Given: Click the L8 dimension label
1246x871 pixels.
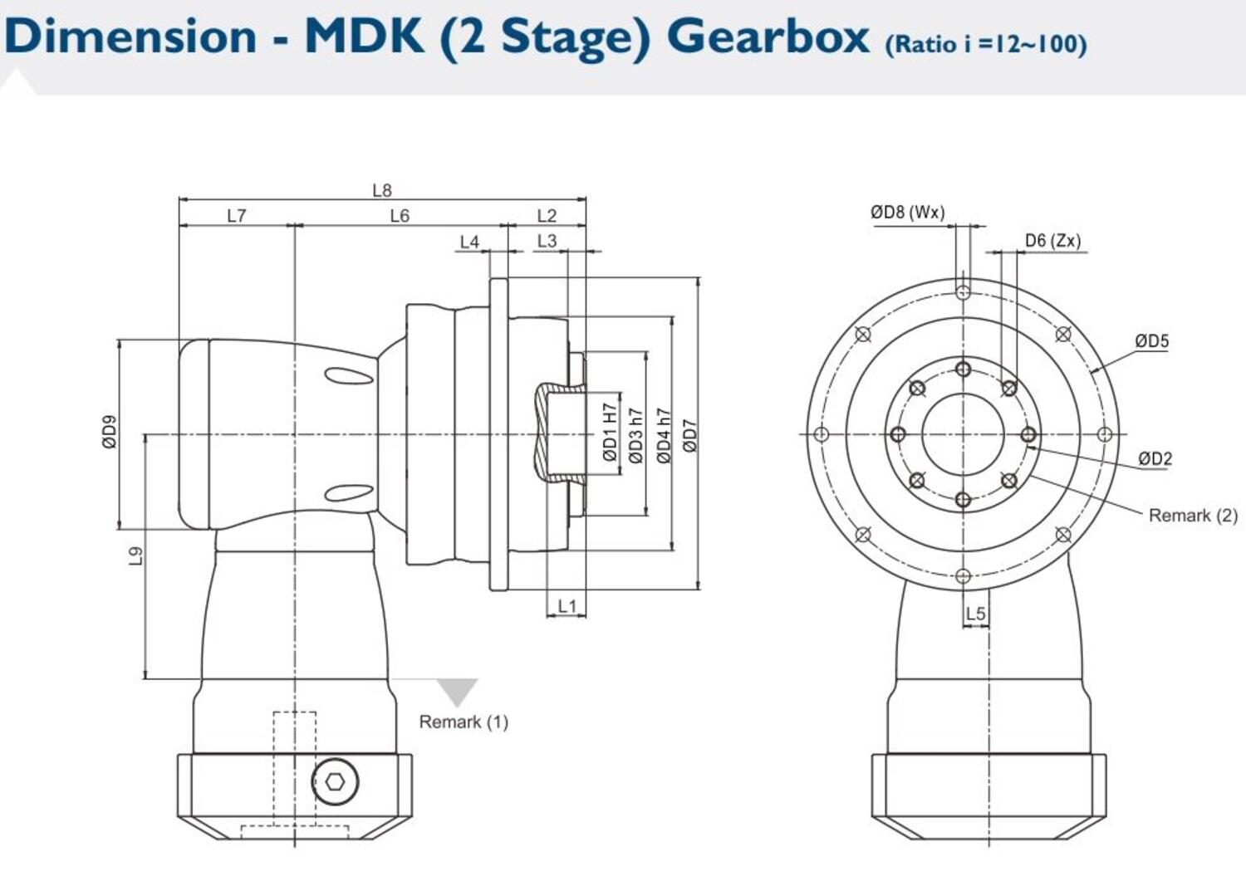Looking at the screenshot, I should coord(381,190).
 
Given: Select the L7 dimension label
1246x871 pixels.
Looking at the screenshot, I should coord(237,215).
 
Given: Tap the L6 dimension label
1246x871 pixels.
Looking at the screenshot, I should coord(400,215).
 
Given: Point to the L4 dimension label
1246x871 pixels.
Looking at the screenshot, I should coord(469,241).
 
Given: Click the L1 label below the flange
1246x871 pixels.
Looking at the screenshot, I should coord(567,605).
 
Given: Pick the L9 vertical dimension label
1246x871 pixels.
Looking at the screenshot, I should coord(136,555).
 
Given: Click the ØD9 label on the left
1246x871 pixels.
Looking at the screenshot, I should coord(110,432).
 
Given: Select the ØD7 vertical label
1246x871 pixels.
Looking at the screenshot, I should coord(690,435).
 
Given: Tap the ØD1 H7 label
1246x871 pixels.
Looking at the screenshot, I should coord(611,433).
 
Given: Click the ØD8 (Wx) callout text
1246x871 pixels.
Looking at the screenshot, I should coord(907,212).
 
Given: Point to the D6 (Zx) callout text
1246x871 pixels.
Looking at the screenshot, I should coord(1052,240).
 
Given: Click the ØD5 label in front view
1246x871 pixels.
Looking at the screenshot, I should coord(1151,340).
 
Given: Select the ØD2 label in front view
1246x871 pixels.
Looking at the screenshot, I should coord(1155,458).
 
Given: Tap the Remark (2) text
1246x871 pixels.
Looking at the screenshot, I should coord(1192,515).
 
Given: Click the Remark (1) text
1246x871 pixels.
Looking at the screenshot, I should coord(463,722).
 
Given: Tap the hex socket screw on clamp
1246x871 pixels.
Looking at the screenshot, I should coord(335,781).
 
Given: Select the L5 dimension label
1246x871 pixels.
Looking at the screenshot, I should coord(975,613).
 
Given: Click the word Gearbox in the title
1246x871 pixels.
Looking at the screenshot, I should coord(768,36).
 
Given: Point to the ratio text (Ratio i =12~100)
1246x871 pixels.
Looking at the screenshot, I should coord(985,43).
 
